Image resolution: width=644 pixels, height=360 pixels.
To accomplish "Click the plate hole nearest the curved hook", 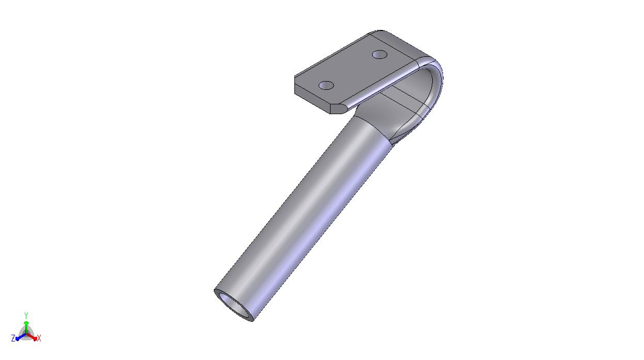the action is click(x=380, y=55).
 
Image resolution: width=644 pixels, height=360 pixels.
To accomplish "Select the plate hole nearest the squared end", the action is click(x=326, y=85).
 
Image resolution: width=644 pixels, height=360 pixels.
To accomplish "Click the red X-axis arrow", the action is click(x=32, y=337).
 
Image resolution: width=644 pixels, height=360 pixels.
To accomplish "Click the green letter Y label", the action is click(x=26, y=316).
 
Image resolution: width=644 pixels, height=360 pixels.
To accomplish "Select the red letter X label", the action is click(x=39, y=338).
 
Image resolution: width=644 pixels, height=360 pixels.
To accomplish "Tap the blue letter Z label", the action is click(x=13, y=338).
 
